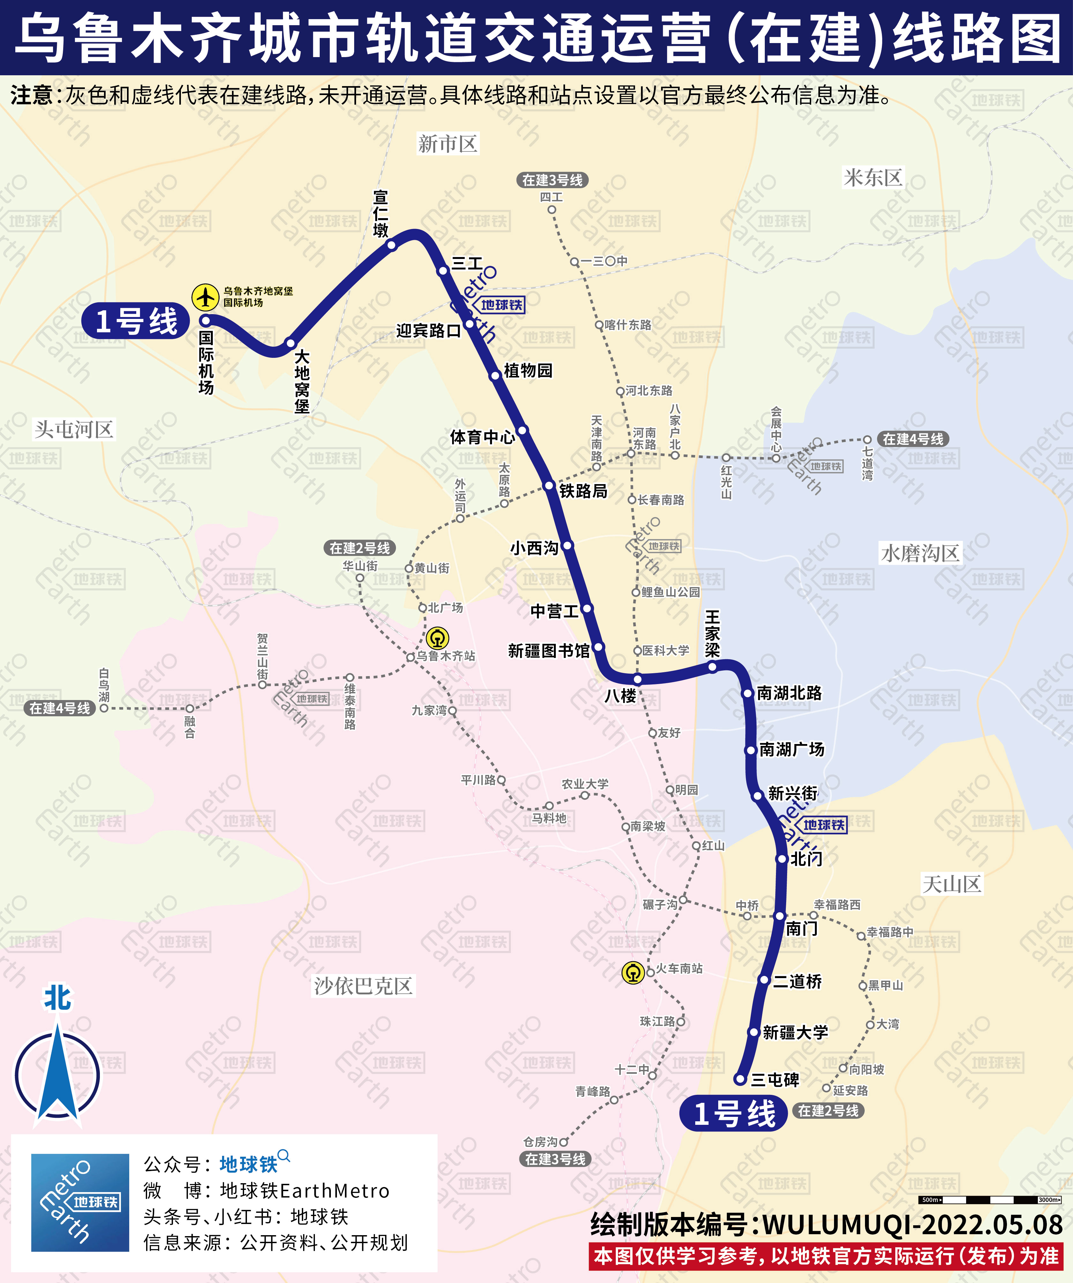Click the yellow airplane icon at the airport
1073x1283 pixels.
point(205,298)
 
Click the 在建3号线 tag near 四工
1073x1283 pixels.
point(552,180)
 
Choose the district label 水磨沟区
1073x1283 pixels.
point(920,554)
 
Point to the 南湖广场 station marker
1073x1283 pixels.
point(751,750)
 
